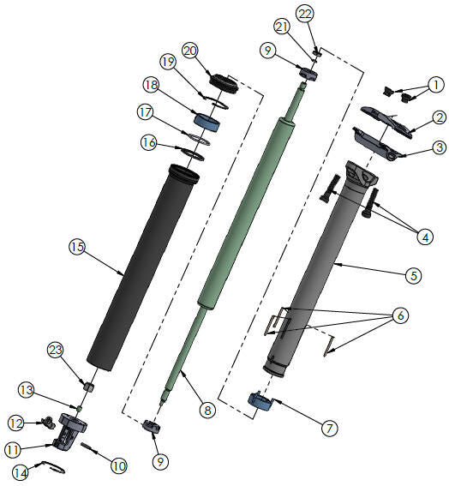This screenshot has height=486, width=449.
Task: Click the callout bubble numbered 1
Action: pos(436,85)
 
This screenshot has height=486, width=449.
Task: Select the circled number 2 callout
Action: pos(437,119)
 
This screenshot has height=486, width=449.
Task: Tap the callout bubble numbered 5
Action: pos(413,276)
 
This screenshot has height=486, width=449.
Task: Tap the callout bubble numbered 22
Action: pos(305,14)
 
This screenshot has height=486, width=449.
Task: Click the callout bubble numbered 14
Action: pos(18,471)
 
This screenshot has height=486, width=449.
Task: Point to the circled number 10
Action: pos(118,465)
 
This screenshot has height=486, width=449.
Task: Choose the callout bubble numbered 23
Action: pos(57,350)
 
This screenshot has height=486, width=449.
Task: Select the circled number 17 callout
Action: pos(146,111)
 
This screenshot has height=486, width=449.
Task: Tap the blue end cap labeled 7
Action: pos(260,400)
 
